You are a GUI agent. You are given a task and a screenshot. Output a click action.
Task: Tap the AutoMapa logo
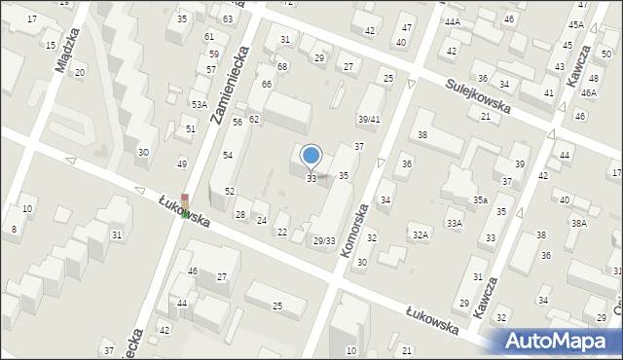(x=559, y=340)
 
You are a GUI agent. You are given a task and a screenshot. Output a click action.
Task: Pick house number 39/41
(x=368, y=119)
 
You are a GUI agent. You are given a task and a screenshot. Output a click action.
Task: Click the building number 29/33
(x=323, y=240)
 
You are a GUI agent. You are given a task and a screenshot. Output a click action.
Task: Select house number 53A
(x=199, y=104)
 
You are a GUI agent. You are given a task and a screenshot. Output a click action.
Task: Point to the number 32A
(x=420, y=234)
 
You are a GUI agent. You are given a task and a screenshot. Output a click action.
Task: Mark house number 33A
(x=454, y=223)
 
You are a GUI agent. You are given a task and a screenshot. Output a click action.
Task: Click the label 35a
(x=480, y=199)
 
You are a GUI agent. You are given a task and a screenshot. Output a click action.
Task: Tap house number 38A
(x=578, y=223)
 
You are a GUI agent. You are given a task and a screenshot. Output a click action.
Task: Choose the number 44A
(x=452, y=21)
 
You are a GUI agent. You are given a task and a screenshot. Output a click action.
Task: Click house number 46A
(x=588, y=92)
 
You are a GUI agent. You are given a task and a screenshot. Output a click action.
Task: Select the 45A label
(x=576, y=24)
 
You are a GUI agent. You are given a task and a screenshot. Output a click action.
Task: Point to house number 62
(x=254, y=119)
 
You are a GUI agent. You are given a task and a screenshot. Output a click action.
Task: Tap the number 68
(x=282, y=66)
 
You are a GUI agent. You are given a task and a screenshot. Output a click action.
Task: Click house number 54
(x=228, y=156)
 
